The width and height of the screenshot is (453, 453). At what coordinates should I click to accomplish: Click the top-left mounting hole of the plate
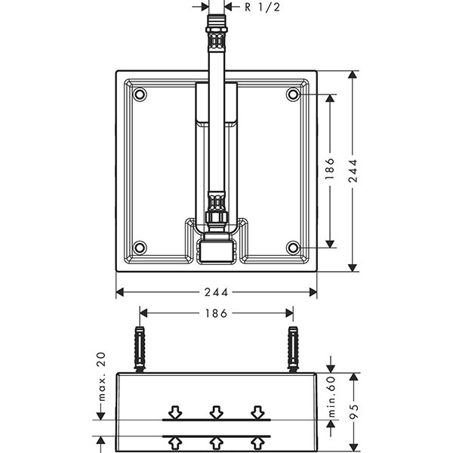pyautogui.click(x=140, y=95)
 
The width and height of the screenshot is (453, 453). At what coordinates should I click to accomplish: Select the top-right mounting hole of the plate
pyautogui.click(x=293, y=95)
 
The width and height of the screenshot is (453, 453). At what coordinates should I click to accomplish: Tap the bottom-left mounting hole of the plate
pyautogui.click(x=140, y=248)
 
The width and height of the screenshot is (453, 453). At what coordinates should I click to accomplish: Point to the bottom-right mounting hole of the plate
pyautogui.click(x=293, y=248)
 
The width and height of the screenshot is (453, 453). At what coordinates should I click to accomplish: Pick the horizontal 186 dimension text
pyautogui.click(x=217, y=312)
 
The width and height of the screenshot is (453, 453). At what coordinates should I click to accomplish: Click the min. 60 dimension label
pyautogui.click(x=330, y=395)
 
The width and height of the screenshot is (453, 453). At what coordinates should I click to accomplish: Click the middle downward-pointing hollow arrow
pyautogui.click(x=217, y=412)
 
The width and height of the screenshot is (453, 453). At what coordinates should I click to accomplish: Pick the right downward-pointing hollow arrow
pyautogui.click(x=257, y=412)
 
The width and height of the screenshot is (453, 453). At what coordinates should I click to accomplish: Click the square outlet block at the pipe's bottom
pyautogui.click(x=217, y=250)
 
